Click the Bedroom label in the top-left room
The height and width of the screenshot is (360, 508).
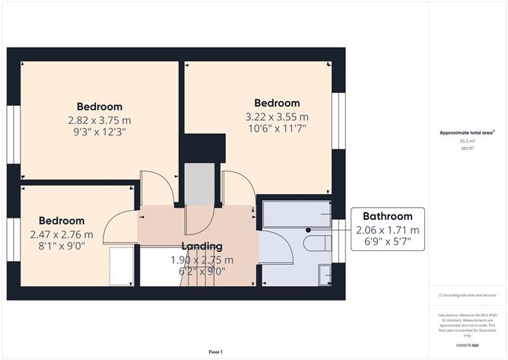(x=99, y=107)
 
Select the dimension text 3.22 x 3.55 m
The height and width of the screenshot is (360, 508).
(x=277, y=116)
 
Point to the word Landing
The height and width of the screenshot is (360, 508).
(x=202, y=246)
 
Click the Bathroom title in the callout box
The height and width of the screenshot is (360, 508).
(x=387, y=216)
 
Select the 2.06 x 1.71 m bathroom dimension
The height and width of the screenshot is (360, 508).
(x=387, y=230)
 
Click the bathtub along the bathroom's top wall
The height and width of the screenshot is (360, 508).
(x=297, y=215)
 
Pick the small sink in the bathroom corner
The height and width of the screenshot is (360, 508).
(x=325, y=273)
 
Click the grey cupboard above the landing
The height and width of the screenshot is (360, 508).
(x=200, y=183)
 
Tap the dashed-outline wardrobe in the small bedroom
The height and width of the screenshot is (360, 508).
(x=121, y=264)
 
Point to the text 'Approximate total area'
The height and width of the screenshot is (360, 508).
(x=466, y=132)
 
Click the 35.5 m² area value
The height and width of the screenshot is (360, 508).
(x=466, y=141)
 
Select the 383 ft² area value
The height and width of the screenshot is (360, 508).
(x=466, y=148)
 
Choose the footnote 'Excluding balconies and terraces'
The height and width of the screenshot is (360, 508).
(x=466, y=295)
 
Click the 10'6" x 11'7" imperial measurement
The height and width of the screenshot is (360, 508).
(x=277, y=129)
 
